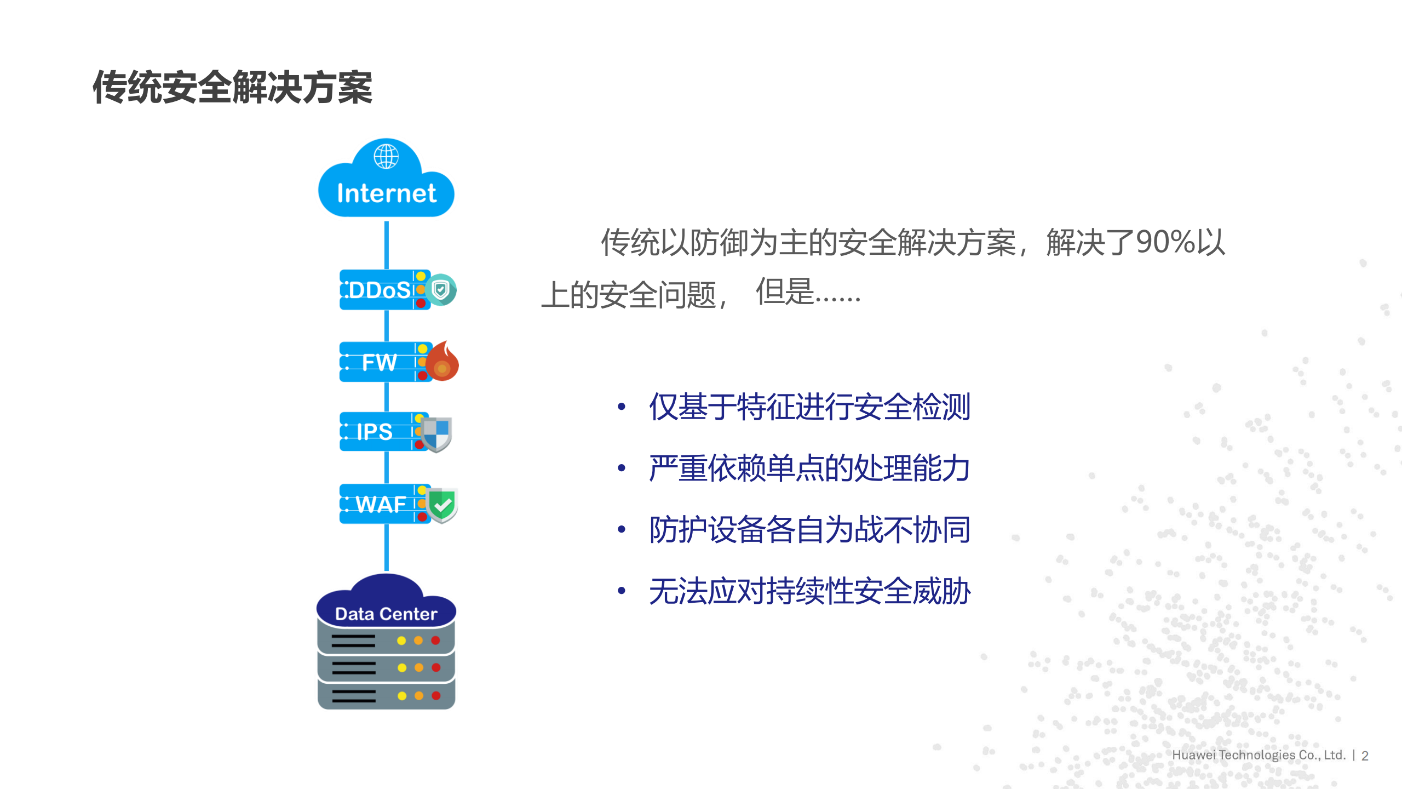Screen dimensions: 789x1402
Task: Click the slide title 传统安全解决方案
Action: [x=232, y=88]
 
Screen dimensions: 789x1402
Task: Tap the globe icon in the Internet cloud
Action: [x=386, y=157]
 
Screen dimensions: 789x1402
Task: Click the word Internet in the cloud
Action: [x=387, y=193]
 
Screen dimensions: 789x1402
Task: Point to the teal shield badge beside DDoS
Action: [x=441, y=290]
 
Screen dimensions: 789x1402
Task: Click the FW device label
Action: [x=379, y=362]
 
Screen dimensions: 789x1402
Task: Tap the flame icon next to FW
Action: [x=443, y=362]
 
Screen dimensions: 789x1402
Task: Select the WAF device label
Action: [x=381, y=504]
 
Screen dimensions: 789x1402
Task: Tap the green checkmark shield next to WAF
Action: [x=443, y=505]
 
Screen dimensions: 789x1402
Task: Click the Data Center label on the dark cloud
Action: [x=386, y=614]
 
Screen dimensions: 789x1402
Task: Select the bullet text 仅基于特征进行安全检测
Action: [x=809, y=407]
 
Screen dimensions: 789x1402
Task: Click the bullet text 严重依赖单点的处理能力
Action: [x=809, y=468]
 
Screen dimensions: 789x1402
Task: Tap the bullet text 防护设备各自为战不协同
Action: [x=809, y=530]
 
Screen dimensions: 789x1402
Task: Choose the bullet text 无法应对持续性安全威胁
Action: [x=809, y=592]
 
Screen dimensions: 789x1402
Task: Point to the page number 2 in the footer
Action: [x=1365, y=756]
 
